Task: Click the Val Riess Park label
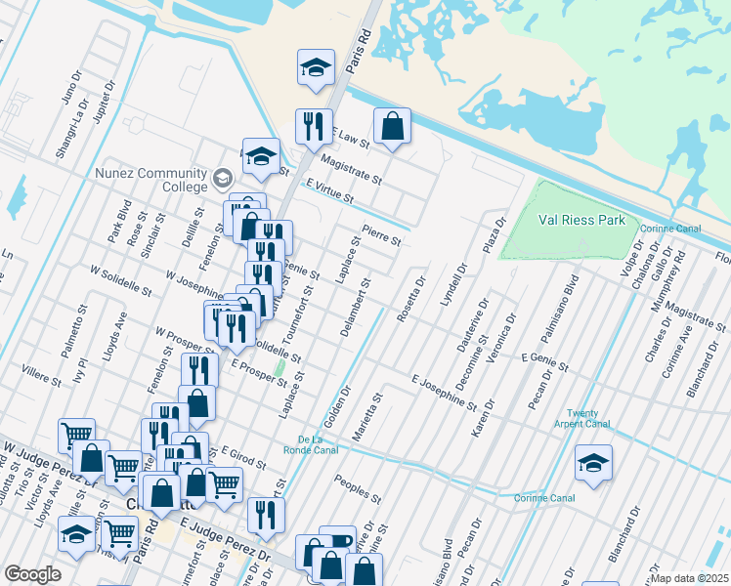[x=582, y=220]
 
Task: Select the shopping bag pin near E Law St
[x=392, y=126]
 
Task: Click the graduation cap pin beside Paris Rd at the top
[x=316, y=68]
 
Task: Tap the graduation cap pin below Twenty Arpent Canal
[x=593, y=463]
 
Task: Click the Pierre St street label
[x=382, y=236]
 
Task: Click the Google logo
[x=32, y=574]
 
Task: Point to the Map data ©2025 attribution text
[x=688, y=578]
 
